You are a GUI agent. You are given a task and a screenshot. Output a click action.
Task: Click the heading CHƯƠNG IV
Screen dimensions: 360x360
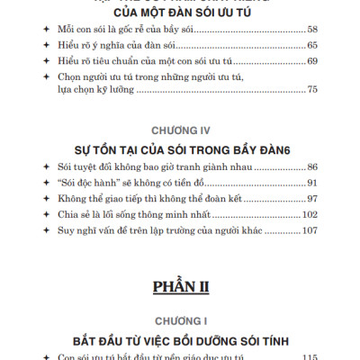[180, 128]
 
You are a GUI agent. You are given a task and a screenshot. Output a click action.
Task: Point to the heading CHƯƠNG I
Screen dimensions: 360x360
[180, 319]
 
